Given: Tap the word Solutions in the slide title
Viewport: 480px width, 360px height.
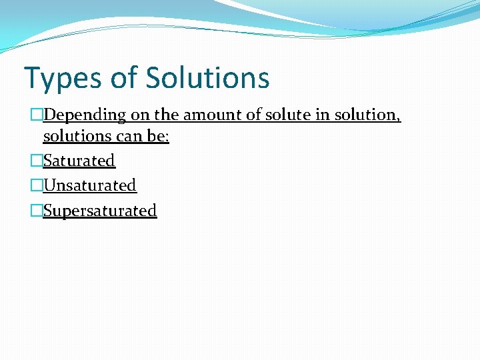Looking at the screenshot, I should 208,77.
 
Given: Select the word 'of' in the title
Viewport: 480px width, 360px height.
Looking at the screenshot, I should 123,77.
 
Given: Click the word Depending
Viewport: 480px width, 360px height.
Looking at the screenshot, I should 85,115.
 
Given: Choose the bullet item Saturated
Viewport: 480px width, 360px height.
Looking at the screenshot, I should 79,161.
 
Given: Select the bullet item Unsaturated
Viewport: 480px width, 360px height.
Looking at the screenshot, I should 89,185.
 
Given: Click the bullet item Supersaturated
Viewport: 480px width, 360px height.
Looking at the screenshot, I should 100,211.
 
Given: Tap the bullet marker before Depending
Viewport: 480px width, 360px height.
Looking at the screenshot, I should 37,115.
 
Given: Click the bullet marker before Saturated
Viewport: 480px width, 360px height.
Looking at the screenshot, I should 37,161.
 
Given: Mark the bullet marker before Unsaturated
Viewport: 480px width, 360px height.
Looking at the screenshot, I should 37,185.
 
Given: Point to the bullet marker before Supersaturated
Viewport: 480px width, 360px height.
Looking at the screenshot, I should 37,211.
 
